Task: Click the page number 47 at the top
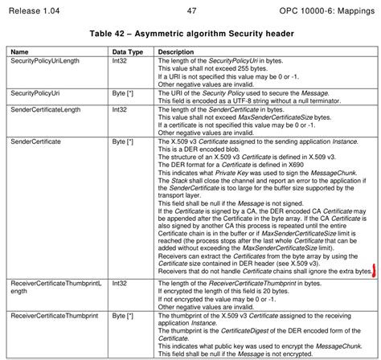(x=191, y=10)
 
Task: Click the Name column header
(x=20, y=51)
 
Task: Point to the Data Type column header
(x=126, y=51)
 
